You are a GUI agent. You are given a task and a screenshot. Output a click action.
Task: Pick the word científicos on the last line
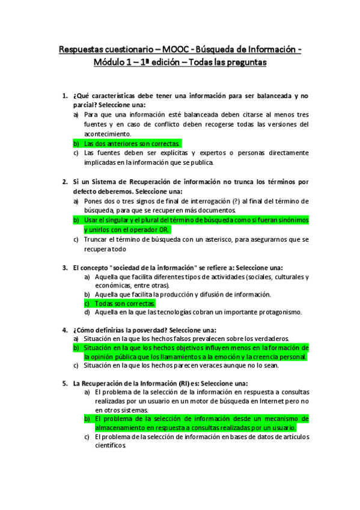coord(111,447)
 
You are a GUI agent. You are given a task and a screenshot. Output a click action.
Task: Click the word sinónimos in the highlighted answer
coord(291,220)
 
